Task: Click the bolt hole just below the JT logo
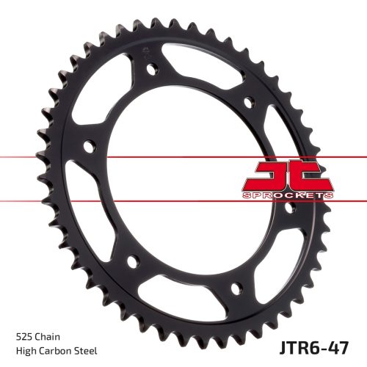pos(289,208)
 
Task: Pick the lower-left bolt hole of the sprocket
pos(132,260)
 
